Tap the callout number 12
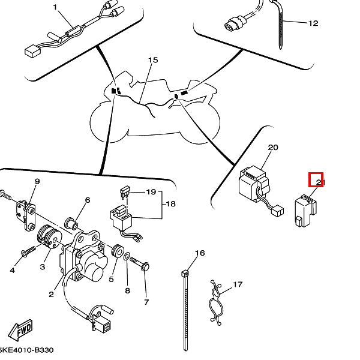[313, 24]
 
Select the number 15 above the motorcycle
[153, 61]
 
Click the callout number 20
[273, 148]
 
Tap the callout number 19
[151, 192]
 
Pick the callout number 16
[200, 253]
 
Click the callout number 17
[238, 284]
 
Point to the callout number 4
[11, 270]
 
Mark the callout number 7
[146, 302]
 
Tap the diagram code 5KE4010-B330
[26, 349]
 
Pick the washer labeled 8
[127, 257]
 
